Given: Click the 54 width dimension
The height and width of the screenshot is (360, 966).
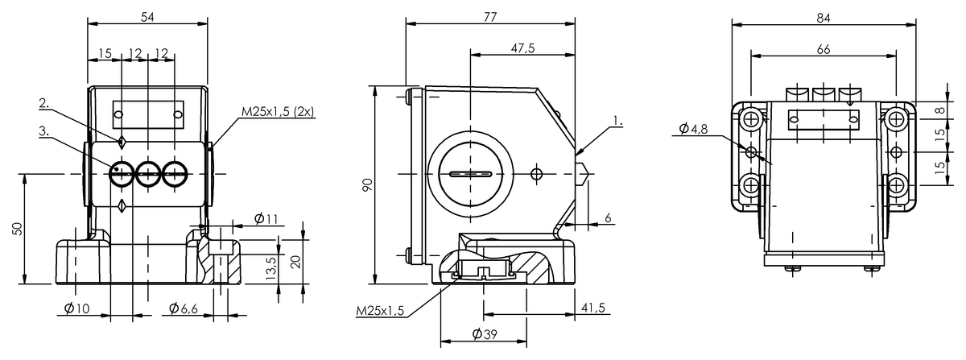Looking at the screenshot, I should click(x=147, y=16).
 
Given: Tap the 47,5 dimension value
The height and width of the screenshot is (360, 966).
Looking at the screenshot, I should click(x=522, y=48).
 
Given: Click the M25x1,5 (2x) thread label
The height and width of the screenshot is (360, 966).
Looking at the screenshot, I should click(x=276, y=111).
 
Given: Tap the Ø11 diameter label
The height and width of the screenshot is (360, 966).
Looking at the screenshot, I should click(x=265, y=218).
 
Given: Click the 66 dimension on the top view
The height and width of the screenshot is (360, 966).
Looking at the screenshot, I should click(x=823, y=49).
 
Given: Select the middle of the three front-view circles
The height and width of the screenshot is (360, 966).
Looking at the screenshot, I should click(x=149, y=172).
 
